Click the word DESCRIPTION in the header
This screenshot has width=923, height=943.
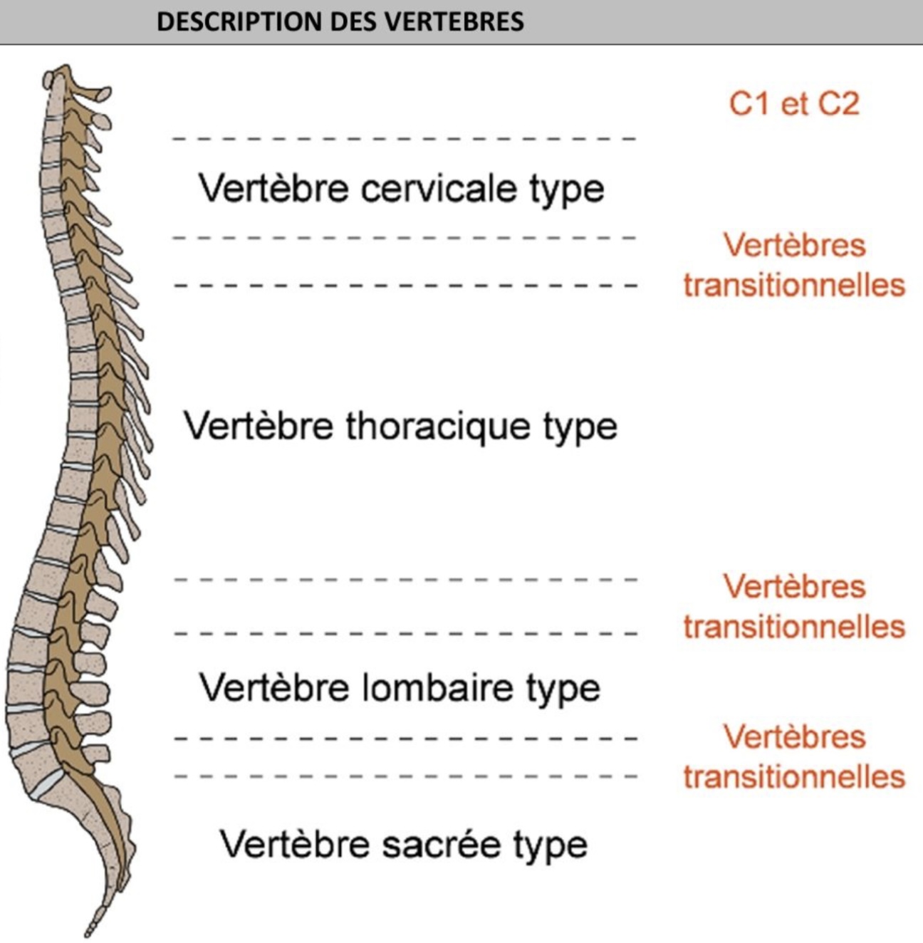pos(228,21)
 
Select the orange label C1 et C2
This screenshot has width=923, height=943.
pos(793,104)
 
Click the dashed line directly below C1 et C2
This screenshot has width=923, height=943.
pos(405,139)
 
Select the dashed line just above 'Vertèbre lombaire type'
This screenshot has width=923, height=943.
pos(405,632)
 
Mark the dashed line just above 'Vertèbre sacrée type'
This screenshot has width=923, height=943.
pos(405,776)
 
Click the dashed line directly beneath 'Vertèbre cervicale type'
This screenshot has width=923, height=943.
pos(405,237)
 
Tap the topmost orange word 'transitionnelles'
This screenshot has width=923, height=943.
pos(794,285)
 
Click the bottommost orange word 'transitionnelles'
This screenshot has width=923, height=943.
pos(794,776)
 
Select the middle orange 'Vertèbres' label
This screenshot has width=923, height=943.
pos(794,587)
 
